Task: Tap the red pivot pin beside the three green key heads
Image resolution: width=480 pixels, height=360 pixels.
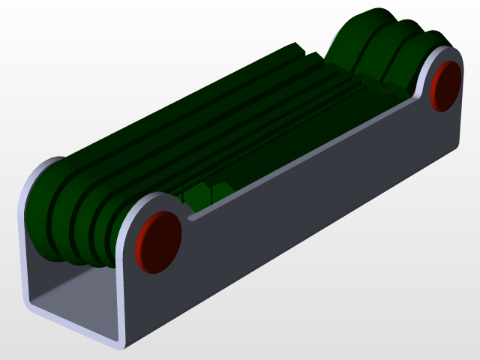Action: point(447,85)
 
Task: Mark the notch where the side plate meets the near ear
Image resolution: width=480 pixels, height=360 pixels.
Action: point(192,217)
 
